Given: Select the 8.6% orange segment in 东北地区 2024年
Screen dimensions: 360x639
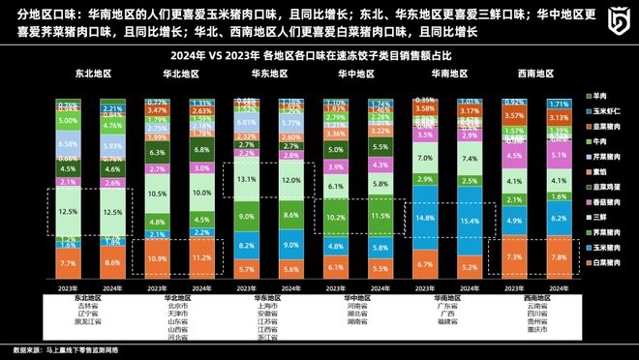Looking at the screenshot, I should (x=112, y=261).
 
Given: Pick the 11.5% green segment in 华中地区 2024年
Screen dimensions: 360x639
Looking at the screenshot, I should (x=380, y=216).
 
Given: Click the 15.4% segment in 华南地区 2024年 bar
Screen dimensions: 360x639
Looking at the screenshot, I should (x=470, y=221).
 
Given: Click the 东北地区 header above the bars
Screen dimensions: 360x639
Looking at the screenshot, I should (x=90, y=74).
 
